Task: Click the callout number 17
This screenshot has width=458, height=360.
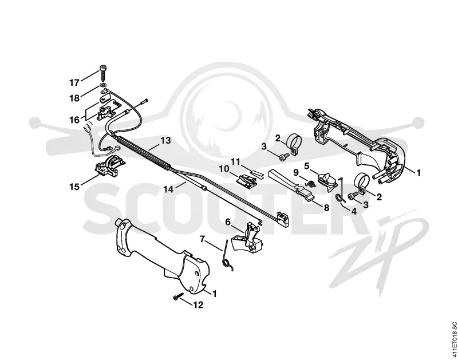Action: [x=74, y=82]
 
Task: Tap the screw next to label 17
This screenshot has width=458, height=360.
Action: [x=103, y=73]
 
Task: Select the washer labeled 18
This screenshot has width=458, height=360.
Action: [x=102, y=85]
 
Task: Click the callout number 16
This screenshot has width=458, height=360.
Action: [x=74, y=120]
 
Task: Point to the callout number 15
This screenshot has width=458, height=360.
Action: [x=74, y=187]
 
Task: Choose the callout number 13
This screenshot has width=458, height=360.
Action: [x=165, y=140]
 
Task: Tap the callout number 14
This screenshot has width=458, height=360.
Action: [x=168, y=189]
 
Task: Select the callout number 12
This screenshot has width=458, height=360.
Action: [x=198, y=305]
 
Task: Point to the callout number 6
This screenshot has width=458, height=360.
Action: [x=228, y=222]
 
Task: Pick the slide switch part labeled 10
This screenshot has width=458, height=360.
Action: [x=247, y=180]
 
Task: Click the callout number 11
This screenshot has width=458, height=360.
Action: [x=235, y=161]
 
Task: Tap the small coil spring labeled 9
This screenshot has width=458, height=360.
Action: [x=311, y=184]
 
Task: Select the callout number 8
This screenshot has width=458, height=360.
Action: [x=326, y=208]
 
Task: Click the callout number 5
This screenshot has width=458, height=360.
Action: [x=306, y=166]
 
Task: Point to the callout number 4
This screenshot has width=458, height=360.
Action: [x=354, y=211]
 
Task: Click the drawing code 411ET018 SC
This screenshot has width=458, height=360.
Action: [x=454, y=339]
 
